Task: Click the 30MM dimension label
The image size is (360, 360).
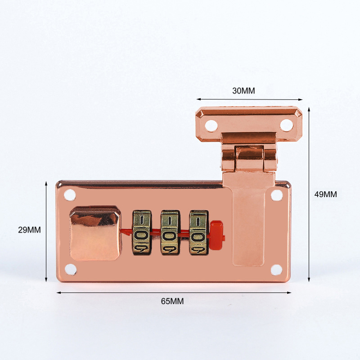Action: (x=243, y=90)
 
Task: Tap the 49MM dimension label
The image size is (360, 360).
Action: (x=325, y=194)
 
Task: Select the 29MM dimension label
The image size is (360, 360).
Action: (x=29, y=229)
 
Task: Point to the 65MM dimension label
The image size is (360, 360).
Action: (x=172, y=301)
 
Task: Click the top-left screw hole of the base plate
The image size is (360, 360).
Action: (x=70, y=195)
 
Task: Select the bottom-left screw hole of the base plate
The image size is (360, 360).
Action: (x=70, y=269)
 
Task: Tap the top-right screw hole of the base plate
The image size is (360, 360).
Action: (x=277, y=195)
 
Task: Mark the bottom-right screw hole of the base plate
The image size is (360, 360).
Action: (x=276, y=270)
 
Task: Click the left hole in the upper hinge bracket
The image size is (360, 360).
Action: (x=211, y=124)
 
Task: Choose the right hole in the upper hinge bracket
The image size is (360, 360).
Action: (x=286, y=124)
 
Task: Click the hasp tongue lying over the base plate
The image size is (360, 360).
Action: (x=249, y=220)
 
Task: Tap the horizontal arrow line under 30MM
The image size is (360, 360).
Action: (x=249, y=99)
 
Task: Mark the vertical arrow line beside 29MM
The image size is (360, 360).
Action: (x=46, y=231)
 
